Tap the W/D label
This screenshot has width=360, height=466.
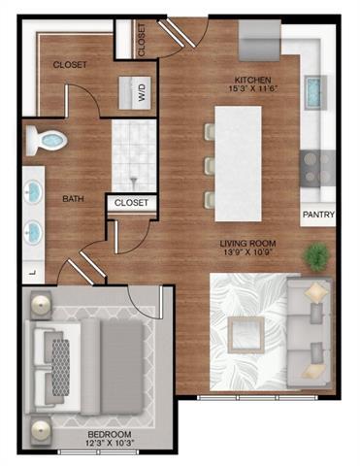click(x=139, y=93)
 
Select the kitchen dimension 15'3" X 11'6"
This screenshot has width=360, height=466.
click(x=252, y=90)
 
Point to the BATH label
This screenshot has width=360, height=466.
click(x=74, y=199)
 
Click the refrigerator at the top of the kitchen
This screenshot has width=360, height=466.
click(x=259, y=42)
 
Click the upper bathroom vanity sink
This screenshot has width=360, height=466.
click(x=33, y=189)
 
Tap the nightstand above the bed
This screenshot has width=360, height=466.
click(x=41, y=306)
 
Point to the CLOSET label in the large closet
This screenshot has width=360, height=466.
click(x=71, y=65)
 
